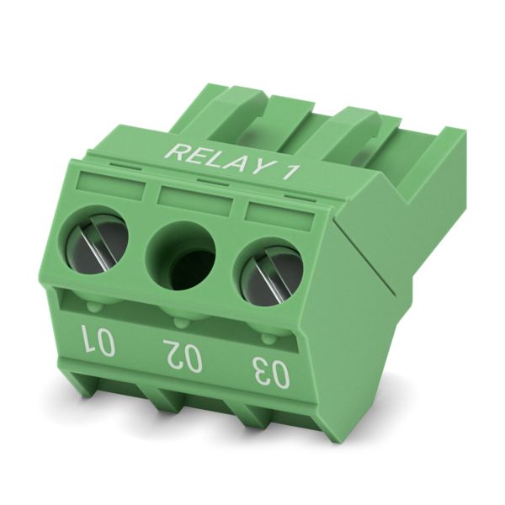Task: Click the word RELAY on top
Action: click(215, 159)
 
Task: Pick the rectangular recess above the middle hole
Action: click(195, 199)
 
